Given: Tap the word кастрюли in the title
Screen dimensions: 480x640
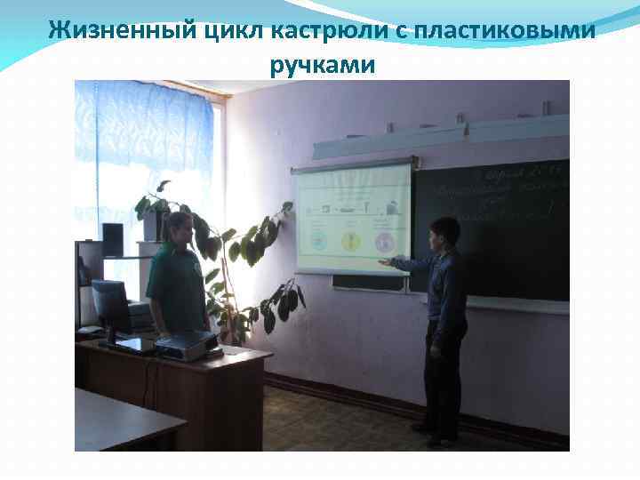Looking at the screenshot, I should [x=296, y=29].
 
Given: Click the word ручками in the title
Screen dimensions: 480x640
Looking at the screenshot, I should [x=321, y=65].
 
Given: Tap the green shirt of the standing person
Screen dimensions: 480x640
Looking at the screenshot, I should [x=177, y=284].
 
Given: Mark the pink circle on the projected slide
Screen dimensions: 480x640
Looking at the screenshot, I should [x=385, y=241].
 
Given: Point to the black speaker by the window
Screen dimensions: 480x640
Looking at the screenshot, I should [x=113, y=239].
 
